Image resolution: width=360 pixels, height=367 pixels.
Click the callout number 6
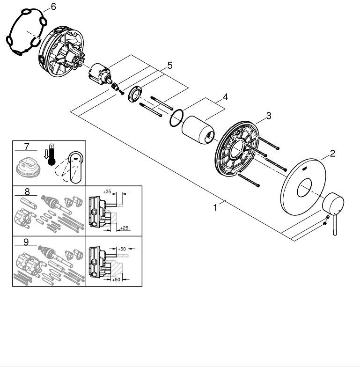tap(53, 7)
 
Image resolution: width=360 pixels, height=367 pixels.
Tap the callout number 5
tap(169, 65)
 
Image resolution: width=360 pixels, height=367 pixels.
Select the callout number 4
tap(225, 97)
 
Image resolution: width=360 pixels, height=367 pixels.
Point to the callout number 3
tap(268, 116)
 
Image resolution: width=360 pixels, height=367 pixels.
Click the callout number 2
tap(332, 153)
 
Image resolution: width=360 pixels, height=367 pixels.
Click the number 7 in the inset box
tap(26, 147)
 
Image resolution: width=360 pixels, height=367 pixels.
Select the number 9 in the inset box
tap(27, 242)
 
